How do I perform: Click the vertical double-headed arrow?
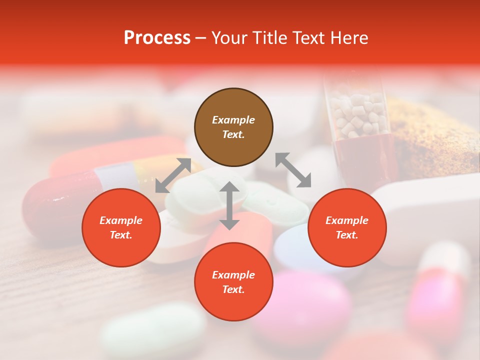click(x=229, y=205)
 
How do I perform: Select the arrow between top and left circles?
click(x=173, y=175)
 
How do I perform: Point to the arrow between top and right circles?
click(x=293, y=170)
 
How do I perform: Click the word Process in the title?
click(x=157, y=38)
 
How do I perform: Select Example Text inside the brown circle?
click(x=233, y=127)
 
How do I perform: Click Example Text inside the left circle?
click(x=121, y=227)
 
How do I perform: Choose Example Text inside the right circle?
click(x=347, y=227)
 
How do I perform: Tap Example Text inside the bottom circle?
click(x=233, y=282)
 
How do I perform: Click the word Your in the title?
click(x=229, y=38)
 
